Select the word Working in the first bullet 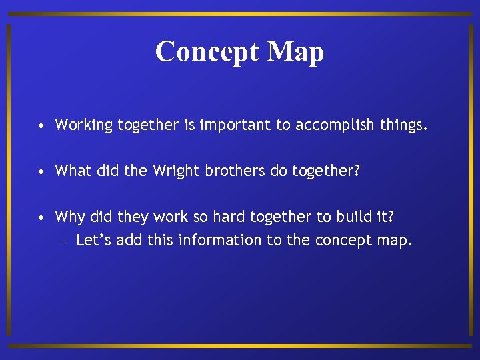pyautogui.click(x=84, y=125)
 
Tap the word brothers pyautogui.click(x=225, y=171)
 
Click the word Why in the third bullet pyautogui.click(x=69, y=217)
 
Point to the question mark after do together pyautogui.click(x=356, y=171)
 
